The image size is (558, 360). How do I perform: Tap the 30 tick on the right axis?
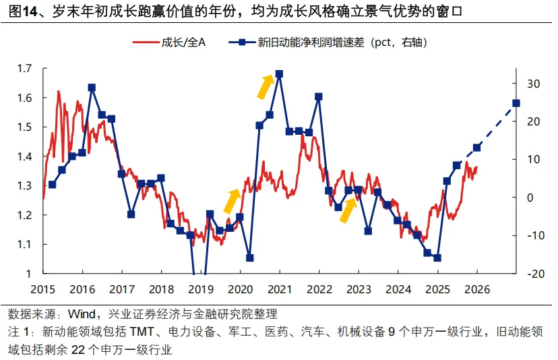534,84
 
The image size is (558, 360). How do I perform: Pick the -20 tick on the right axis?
534,274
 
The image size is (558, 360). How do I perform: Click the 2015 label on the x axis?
42,289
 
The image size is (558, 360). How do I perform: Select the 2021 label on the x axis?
279,289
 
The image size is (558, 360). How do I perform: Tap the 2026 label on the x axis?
476,289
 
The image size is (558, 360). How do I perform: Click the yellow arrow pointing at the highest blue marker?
266,86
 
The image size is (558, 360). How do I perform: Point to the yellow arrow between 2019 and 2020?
231,200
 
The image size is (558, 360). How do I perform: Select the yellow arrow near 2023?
348,210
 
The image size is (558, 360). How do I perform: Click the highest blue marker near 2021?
279,74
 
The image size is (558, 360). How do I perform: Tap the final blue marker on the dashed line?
516,103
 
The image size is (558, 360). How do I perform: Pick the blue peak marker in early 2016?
92,88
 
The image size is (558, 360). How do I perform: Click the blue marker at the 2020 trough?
249,258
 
